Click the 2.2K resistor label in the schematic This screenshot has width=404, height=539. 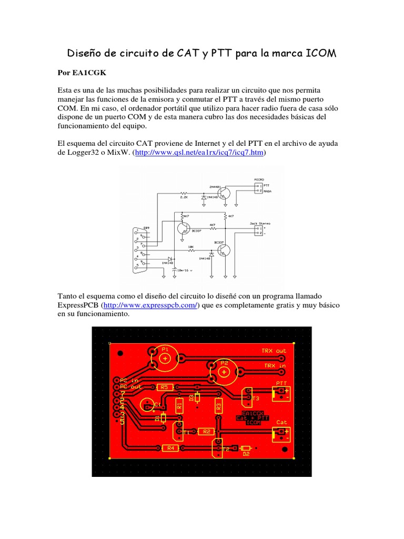[184, 198]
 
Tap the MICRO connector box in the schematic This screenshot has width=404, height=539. [258, 188]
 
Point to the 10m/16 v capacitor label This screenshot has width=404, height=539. [184, 269]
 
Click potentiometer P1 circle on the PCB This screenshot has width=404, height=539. [165, 357]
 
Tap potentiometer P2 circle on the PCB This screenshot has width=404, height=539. [224, 372]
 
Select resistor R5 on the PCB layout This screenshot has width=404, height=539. [164, 387]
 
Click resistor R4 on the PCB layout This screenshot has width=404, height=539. [170, 448]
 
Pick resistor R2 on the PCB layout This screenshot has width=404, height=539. [206, 432]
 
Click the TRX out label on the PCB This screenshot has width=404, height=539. [274, 351]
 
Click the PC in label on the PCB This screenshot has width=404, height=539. [129, 380]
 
